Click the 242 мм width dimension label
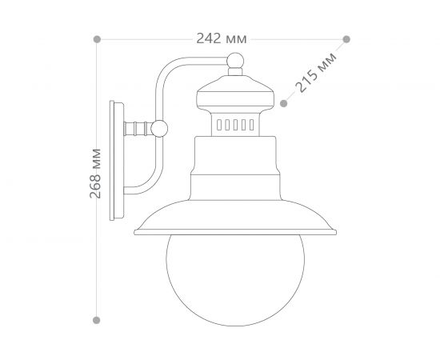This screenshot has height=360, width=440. (221, 38)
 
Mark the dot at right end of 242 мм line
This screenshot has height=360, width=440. (346, 38)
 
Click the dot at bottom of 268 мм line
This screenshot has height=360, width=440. (97, 319)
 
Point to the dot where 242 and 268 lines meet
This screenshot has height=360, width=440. (97, 38)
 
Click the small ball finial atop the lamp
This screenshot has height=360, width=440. (235, 60)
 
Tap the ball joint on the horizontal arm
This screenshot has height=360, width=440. (160, 127)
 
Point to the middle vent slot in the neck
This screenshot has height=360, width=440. (235, 126)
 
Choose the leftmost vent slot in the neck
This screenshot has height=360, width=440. (220, 126)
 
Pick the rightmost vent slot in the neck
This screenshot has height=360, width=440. (250, 126)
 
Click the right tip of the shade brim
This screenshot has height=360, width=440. (336, 234)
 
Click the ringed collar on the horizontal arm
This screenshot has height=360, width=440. (141, 127)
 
